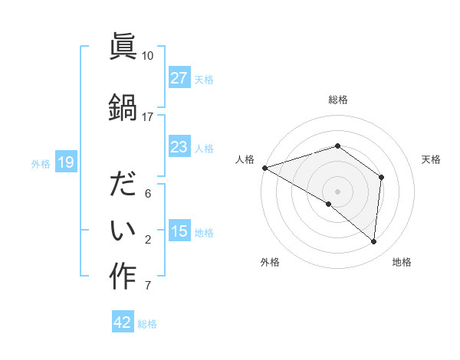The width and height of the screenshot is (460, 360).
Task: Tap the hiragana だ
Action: click(x=123, y=184)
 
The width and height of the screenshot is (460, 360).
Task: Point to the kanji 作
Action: click(x=123, y=277)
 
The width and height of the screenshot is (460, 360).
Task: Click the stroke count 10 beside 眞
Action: click(x=148, y=55)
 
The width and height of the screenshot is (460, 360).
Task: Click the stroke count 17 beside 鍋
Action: click(x=148, y=116)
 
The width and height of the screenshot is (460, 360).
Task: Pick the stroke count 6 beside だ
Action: click(x=148, y=194)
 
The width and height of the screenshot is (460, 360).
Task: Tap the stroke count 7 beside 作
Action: click(x=148, y=286)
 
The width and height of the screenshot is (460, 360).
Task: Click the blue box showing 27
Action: click(x=179, y=77)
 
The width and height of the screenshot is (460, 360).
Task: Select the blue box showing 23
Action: click(x=179, y=147)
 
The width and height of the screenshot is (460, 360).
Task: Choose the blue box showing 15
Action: click(x=179, y=231)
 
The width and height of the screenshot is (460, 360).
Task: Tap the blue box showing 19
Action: click(x=65, y=162)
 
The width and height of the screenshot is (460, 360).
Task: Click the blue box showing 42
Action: click(x=123, y=322)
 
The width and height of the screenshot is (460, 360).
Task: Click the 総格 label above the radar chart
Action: click(x=338, y=99)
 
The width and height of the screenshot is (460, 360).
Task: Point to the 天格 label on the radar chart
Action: click(x=432, y=159)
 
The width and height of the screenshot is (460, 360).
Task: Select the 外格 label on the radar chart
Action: click(x=270, y=262)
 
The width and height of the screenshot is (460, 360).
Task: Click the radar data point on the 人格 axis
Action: click(x=264, y=167)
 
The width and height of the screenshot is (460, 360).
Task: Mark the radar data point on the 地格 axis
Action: click(x=373, y=241)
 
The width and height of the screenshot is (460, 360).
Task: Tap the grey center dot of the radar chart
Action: click(x=338, y=191)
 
